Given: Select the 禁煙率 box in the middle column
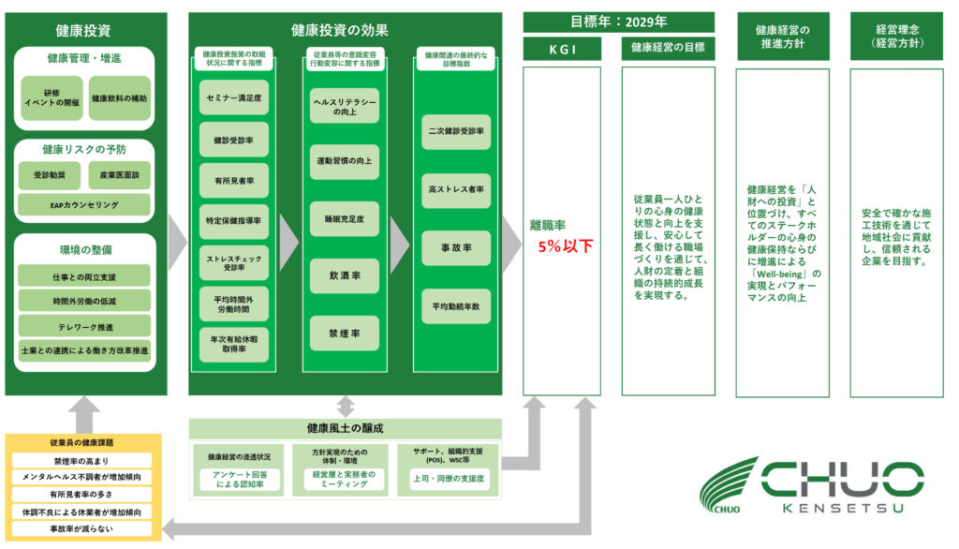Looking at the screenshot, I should tap(345, 334).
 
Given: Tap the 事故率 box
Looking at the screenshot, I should tap(455, 248).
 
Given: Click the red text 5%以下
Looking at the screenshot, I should tap(565, 246).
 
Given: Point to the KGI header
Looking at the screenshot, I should tap(561, 47).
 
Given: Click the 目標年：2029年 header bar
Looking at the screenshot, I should tap(618, 22).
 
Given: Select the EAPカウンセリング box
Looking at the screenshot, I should tap(84, 204).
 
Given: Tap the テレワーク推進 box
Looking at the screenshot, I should tap(84, 326).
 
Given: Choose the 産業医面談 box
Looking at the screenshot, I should tap(119, 175).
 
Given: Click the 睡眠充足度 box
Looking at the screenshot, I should tap(345, 218).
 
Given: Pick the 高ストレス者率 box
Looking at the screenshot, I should tap(455, 190).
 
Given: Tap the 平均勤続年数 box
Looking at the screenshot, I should tap(455, 306).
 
